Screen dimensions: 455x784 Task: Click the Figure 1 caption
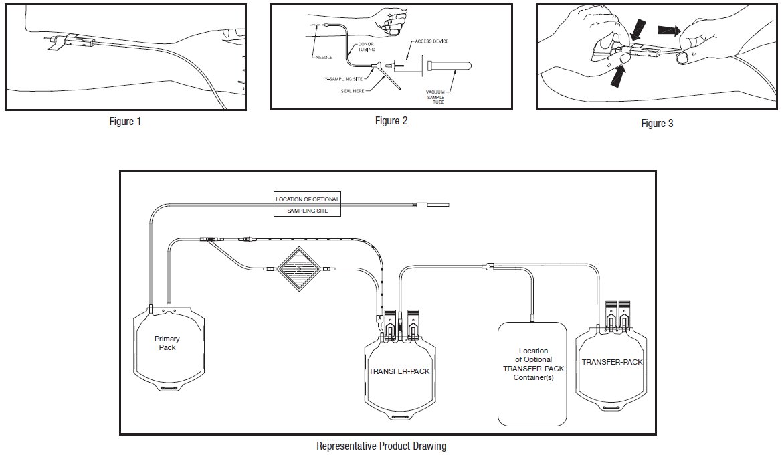(x=126, y=122)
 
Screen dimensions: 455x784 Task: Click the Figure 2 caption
(x=391, y=121)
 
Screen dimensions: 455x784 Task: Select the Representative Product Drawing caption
(x=381, y=446)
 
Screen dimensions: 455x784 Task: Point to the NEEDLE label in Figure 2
(x=324, y=58)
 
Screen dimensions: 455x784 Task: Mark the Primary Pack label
(x=167, y=343)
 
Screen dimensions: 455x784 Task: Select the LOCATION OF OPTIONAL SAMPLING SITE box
(x=308, y=205)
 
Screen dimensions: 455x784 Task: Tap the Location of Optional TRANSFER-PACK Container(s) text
(x=533, y=365)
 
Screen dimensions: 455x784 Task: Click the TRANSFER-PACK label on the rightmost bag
(x=612, y=362)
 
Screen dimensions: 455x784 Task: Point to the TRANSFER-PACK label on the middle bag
(x=399, y=370)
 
